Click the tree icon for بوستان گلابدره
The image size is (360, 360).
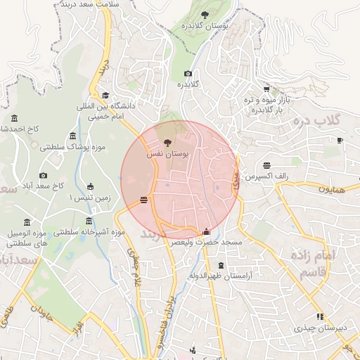point(205,13)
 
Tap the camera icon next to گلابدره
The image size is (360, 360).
point(188,74)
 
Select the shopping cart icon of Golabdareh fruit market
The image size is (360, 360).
point(266,89)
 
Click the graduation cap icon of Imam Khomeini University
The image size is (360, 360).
point(105,95)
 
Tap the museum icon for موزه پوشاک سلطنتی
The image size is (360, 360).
point(73,136)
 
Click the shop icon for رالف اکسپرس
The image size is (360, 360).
point(266,165)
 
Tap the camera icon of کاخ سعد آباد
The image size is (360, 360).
point(44,175)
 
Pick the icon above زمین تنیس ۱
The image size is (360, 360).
point(90,186)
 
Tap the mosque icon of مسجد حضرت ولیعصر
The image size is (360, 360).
point(206,231)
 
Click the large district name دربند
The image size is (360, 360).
point(156,233)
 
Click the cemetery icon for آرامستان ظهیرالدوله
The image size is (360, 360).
point(222,265)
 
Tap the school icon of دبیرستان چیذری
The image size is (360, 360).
point(320,317)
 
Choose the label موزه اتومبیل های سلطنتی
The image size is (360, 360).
point(27,238)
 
